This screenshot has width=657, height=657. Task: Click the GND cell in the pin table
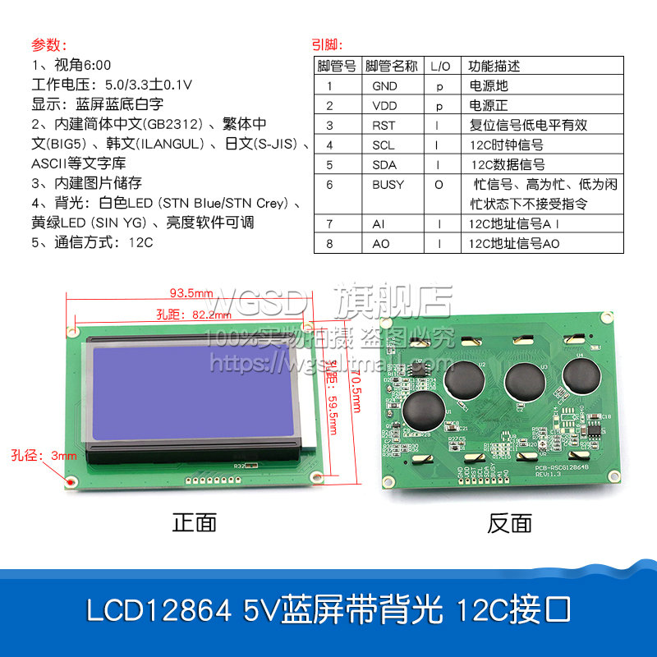[384, 85]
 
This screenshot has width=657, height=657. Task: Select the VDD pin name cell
[384, 105]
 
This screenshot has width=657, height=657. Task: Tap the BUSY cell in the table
[388, 185]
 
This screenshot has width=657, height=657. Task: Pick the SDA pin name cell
[384, 164]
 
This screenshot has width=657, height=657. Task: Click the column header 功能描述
[494, 66]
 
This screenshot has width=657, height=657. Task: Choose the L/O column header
[440, 66]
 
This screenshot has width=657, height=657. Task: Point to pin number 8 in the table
[329, 244]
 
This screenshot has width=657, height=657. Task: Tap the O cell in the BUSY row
[439, 185]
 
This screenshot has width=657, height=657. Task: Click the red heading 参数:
[49, 44]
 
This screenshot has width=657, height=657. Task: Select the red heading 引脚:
[328, 44]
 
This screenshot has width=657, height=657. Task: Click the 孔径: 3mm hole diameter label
[44, 455]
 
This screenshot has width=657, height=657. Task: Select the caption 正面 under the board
[195, 522]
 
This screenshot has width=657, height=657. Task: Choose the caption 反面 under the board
[509, 522]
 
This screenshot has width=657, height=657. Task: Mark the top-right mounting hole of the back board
[606, 317]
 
